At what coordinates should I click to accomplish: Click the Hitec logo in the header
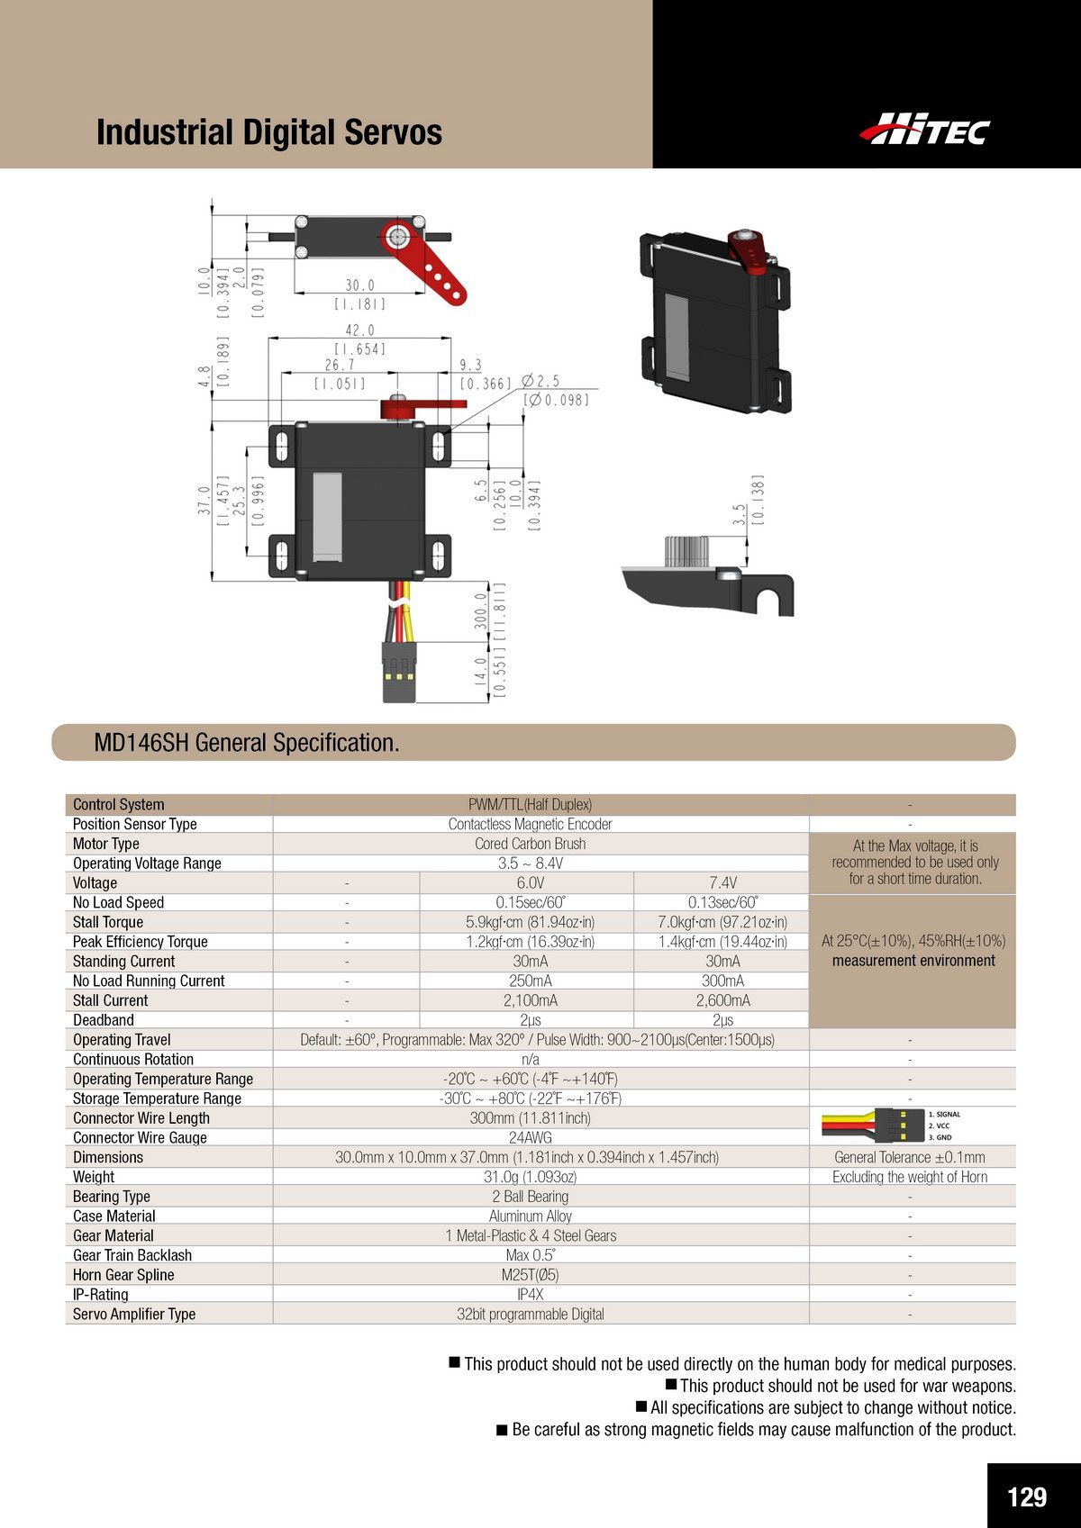pos(925,129)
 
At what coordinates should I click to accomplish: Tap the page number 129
pos(1026,1496)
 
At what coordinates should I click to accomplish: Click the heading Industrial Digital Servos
pos(268,131)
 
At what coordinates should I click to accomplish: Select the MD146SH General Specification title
pos(246,742)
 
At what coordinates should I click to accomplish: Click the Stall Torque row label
pos(108,922)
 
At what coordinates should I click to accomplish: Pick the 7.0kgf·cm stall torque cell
pos(722,922)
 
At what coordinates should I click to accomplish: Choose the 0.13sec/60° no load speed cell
pos(722,902)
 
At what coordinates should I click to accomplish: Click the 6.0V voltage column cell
pos(531,882)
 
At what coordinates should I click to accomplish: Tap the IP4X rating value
pos(531,1295)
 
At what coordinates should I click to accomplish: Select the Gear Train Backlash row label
pos(132,1255)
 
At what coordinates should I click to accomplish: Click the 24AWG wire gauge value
pos(531,1138)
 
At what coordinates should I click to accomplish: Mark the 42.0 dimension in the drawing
pos(359,330)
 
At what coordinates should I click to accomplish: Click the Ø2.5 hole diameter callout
pos(540,381)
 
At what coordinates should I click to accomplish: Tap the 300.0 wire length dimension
pos(481,611)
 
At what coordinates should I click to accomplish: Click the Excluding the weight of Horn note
pos(910,1177)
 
